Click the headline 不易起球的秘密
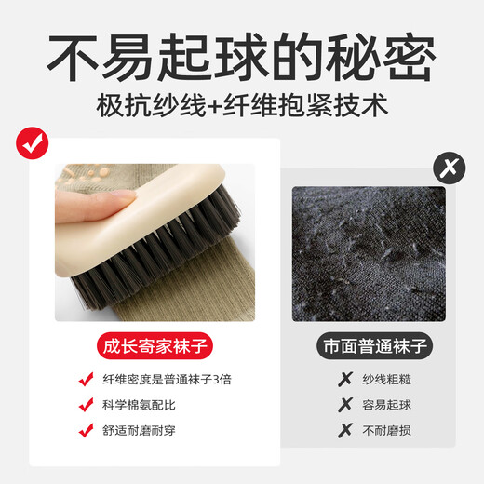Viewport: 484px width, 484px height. point(241,57)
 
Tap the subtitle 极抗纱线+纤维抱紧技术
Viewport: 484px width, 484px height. point(242,105)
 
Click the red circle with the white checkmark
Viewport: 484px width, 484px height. point(33,143)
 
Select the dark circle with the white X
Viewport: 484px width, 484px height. point(450,168)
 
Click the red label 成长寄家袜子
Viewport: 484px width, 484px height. point(155,346)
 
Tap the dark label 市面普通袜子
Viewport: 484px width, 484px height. point(375,346)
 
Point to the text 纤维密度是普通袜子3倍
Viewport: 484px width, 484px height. point(167,380)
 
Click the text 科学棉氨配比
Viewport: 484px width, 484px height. point(139,405)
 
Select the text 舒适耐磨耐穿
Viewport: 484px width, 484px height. point(139,431)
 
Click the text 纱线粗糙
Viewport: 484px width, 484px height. point(387,380)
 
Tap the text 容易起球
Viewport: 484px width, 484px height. point(387,405)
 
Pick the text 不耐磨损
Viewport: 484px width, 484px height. point(387,431)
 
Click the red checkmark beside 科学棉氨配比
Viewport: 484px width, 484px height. point(86,405)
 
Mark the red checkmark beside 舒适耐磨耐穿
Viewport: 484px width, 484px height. point(86,430)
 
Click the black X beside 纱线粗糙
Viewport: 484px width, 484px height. point(345,379)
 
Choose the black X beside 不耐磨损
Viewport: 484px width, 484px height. point(345,430)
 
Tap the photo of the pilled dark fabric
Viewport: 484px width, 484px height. point(369,254)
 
